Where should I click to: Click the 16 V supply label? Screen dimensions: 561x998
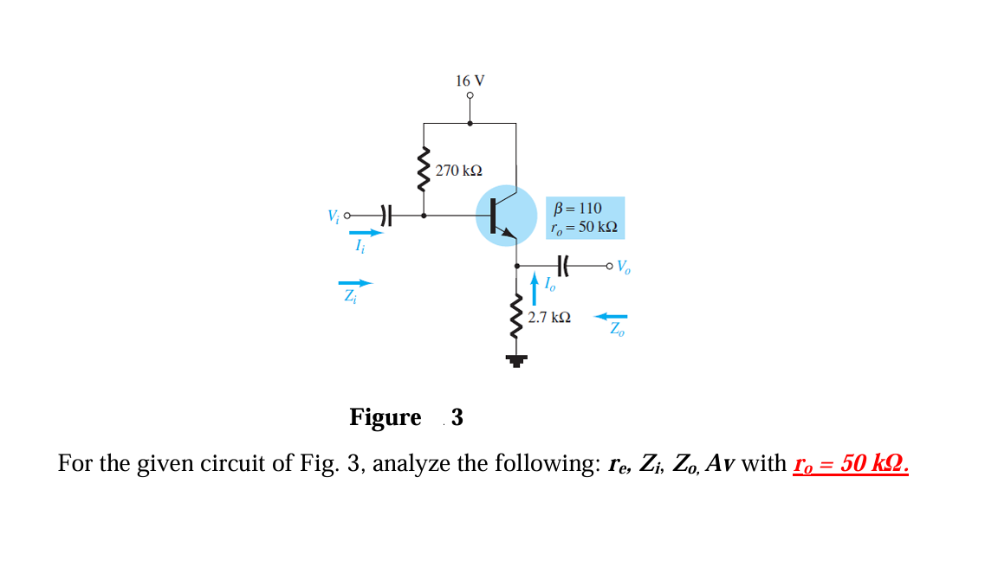point(470,81)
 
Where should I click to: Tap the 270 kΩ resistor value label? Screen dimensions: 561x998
point(459,171)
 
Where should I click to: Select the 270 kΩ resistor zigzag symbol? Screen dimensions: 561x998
point(424,171)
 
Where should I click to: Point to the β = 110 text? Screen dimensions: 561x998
point(577,208)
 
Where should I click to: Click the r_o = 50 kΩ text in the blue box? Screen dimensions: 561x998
point(584,228)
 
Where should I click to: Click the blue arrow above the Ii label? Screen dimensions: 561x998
point(364,232)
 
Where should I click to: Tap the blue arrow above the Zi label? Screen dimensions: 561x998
point(355,282)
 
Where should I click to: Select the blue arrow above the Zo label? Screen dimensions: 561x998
point(611,316)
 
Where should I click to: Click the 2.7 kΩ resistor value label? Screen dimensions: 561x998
point(549,318)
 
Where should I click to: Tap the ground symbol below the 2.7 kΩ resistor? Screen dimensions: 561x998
point(516,360)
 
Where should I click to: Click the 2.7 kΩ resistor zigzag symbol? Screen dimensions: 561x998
point(517,316)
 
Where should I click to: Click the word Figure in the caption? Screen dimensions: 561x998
point(385,417)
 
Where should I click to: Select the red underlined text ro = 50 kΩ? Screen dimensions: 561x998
point(851,463)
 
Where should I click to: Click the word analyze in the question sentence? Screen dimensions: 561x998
point(412,464)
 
